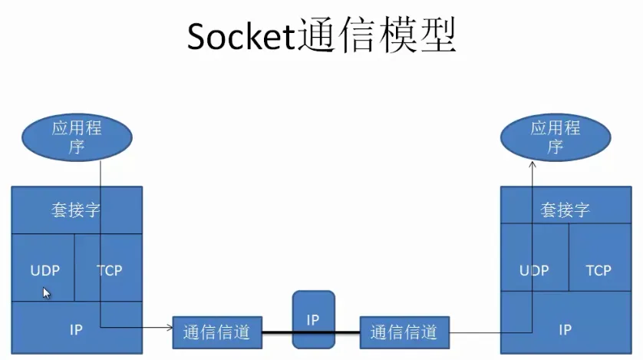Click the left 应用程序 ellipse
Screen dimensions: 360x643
tap(77, 137)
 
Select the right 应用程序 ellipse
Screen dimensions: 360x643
tap(555, 137)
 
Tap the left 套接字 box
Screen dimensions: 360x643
tap(77, 210)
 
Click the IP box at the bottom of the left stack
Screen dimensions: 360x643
tap(77, 329)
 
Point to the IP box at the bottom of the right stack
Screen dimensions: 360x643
tap(566, 329)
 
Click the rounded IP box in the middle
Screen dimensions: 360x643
tap(313, 319)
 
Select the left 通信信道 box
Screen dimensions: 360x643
tap(217, 332)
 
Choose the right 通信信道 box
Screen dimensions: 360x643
tap(404, 332)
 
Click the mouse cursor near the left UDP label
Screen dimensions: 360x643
tap(46, 292)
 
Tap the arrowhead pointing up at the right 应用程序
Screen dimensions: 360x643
tap(532, 164)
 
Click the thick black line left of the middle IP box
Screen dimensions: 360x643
tap(277, 332)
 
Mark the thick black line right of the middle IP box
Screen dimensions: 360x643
tap(348, 332)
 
